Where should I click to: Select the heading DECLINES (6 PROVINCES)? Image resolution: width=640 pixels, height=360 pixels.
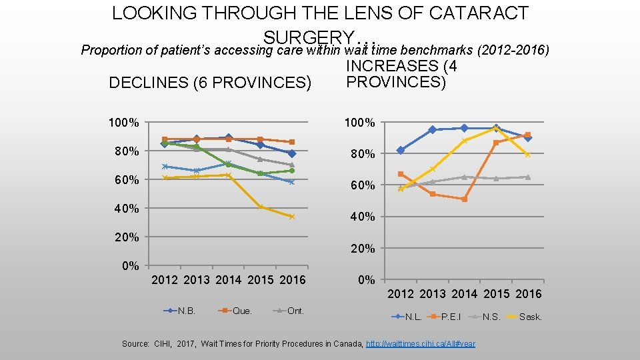tap(210, 83)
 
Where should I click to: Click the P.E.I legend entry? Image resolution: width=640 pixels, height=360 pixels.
tap(451, 317)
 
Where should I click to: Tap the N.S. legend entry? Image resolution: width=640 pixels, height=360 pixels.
tap(491, 317)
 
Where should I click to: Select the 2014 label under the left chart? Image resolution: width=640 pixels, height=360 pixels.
tap(229, 280)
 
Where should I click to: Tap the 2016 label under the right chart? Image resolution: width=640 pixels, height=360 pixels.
tap(528, 294)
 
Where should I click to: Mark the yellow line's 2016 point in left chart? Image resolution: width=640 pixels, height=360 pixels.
tap(292, 217)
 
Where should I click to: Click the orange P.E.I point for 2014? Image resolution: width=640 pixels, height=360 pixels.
tap(464, 199)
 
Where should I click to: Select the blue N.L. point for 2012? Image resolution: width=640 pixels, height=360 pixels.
tap(400, 150)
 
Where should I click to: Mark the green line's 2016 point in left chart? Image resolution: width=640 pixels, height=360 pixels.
tap(292, 171)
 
